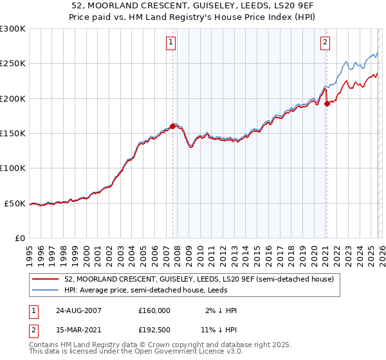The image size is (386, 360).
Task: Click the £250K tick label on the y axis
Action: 13,64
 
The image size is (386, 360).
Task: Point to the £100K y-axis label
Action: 13,168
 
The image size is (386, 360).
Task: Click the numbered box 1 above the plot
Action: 171,43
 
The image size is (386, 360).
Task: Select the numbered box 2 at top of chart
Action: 326,43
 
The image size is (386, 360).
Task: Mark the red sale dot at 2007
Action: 172,127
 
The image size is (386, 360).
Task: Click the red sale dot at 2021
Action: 327,104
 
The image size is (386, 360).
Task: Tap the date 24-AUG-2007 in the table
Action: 78,310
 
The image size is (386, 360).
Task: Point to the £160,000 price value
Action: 154,310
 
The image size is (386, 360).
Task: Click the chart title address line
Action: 193,6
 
